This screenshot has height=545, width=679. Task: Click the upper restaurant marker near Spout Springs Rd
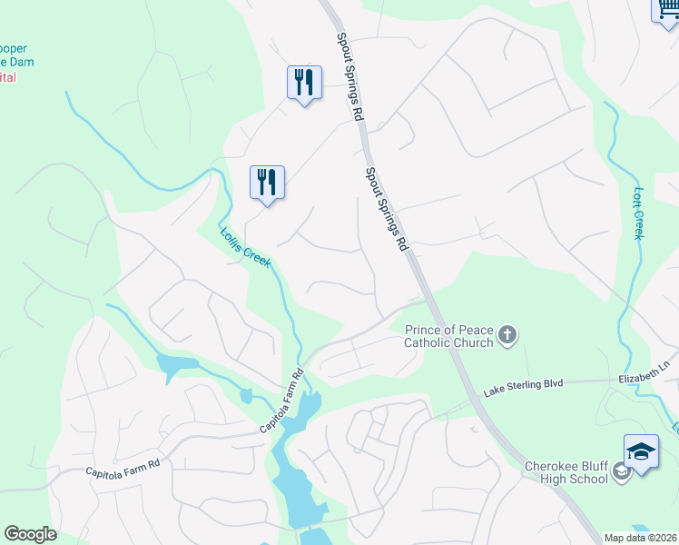click(303, 83)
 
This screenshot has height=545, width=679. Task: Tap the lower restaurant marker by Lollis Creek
click(267, 182)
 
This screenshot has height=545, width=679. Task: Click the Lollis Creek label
click(245, 246)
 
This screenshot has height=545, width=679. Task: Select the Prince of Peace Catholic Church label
click(448, 335)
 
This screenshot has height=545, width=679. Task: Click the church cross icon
click(507, 336)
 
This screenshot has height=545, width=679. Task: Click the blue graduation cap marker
click(641, 451)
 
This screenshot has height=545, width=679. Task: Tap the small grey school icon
click(622, 471)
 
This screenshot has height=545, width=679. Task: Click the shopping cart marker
click(664, 9)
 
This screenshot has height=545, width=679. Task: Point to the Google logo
click(30, 534)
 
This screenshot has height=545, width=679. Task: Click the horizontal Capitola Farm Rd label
click(123, 468)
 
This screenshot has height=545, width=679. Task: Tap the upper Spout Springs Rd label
click(349, 77)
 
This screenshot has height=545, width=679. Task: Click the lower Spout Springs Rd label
click(386, 210)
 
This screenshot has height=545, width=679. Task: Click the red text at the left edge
click(8, 78)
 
